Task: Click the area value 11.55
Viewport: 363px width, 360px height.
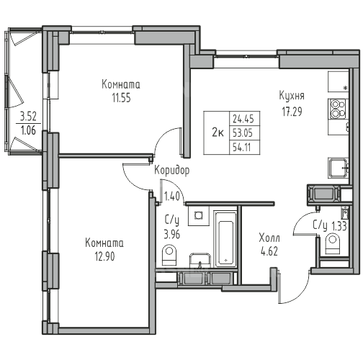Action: [122, 98]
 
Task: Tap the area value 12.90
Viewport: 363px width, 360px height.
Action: [105, 256]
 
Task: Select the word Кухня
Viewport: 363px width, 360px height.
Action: [292, 96]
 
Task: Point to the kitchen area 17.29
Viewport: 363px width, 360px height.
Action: [292, 112]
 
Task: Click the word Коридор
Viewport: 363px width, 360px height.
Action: [171, 171]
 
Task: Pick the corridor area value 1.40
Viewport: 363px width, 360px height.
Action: [172, 197]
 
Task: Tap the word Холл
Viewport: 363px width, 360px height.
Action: [269, 238]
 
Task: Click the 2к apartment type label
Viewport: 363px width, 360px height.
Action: [218, 132]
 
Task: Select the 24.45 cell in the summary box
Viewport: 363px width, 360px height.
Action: [243, 119]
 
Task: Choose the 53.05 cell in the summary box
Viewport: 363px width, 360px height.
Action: [243, 132]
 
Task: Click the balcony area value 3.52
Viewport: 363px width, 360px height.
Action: [28, 117]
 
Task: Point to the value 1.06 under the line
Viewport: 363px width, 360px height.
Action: [28, 130]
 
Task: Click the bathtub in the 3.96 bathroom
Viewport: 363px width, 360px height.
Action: [225, 239]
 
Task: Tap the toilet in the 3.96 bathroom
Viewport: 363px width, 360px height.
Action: [169, 255]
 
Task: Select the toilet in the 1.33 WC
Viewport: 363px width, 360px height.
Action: [333, 244]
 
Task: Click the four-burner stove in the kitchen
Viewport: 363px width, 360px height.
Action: [338, 109]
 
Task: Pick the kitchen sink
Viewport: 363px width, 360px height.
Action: [339, 168]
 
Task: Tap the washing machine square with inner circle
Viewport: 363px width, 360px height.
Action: [198, 215]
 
